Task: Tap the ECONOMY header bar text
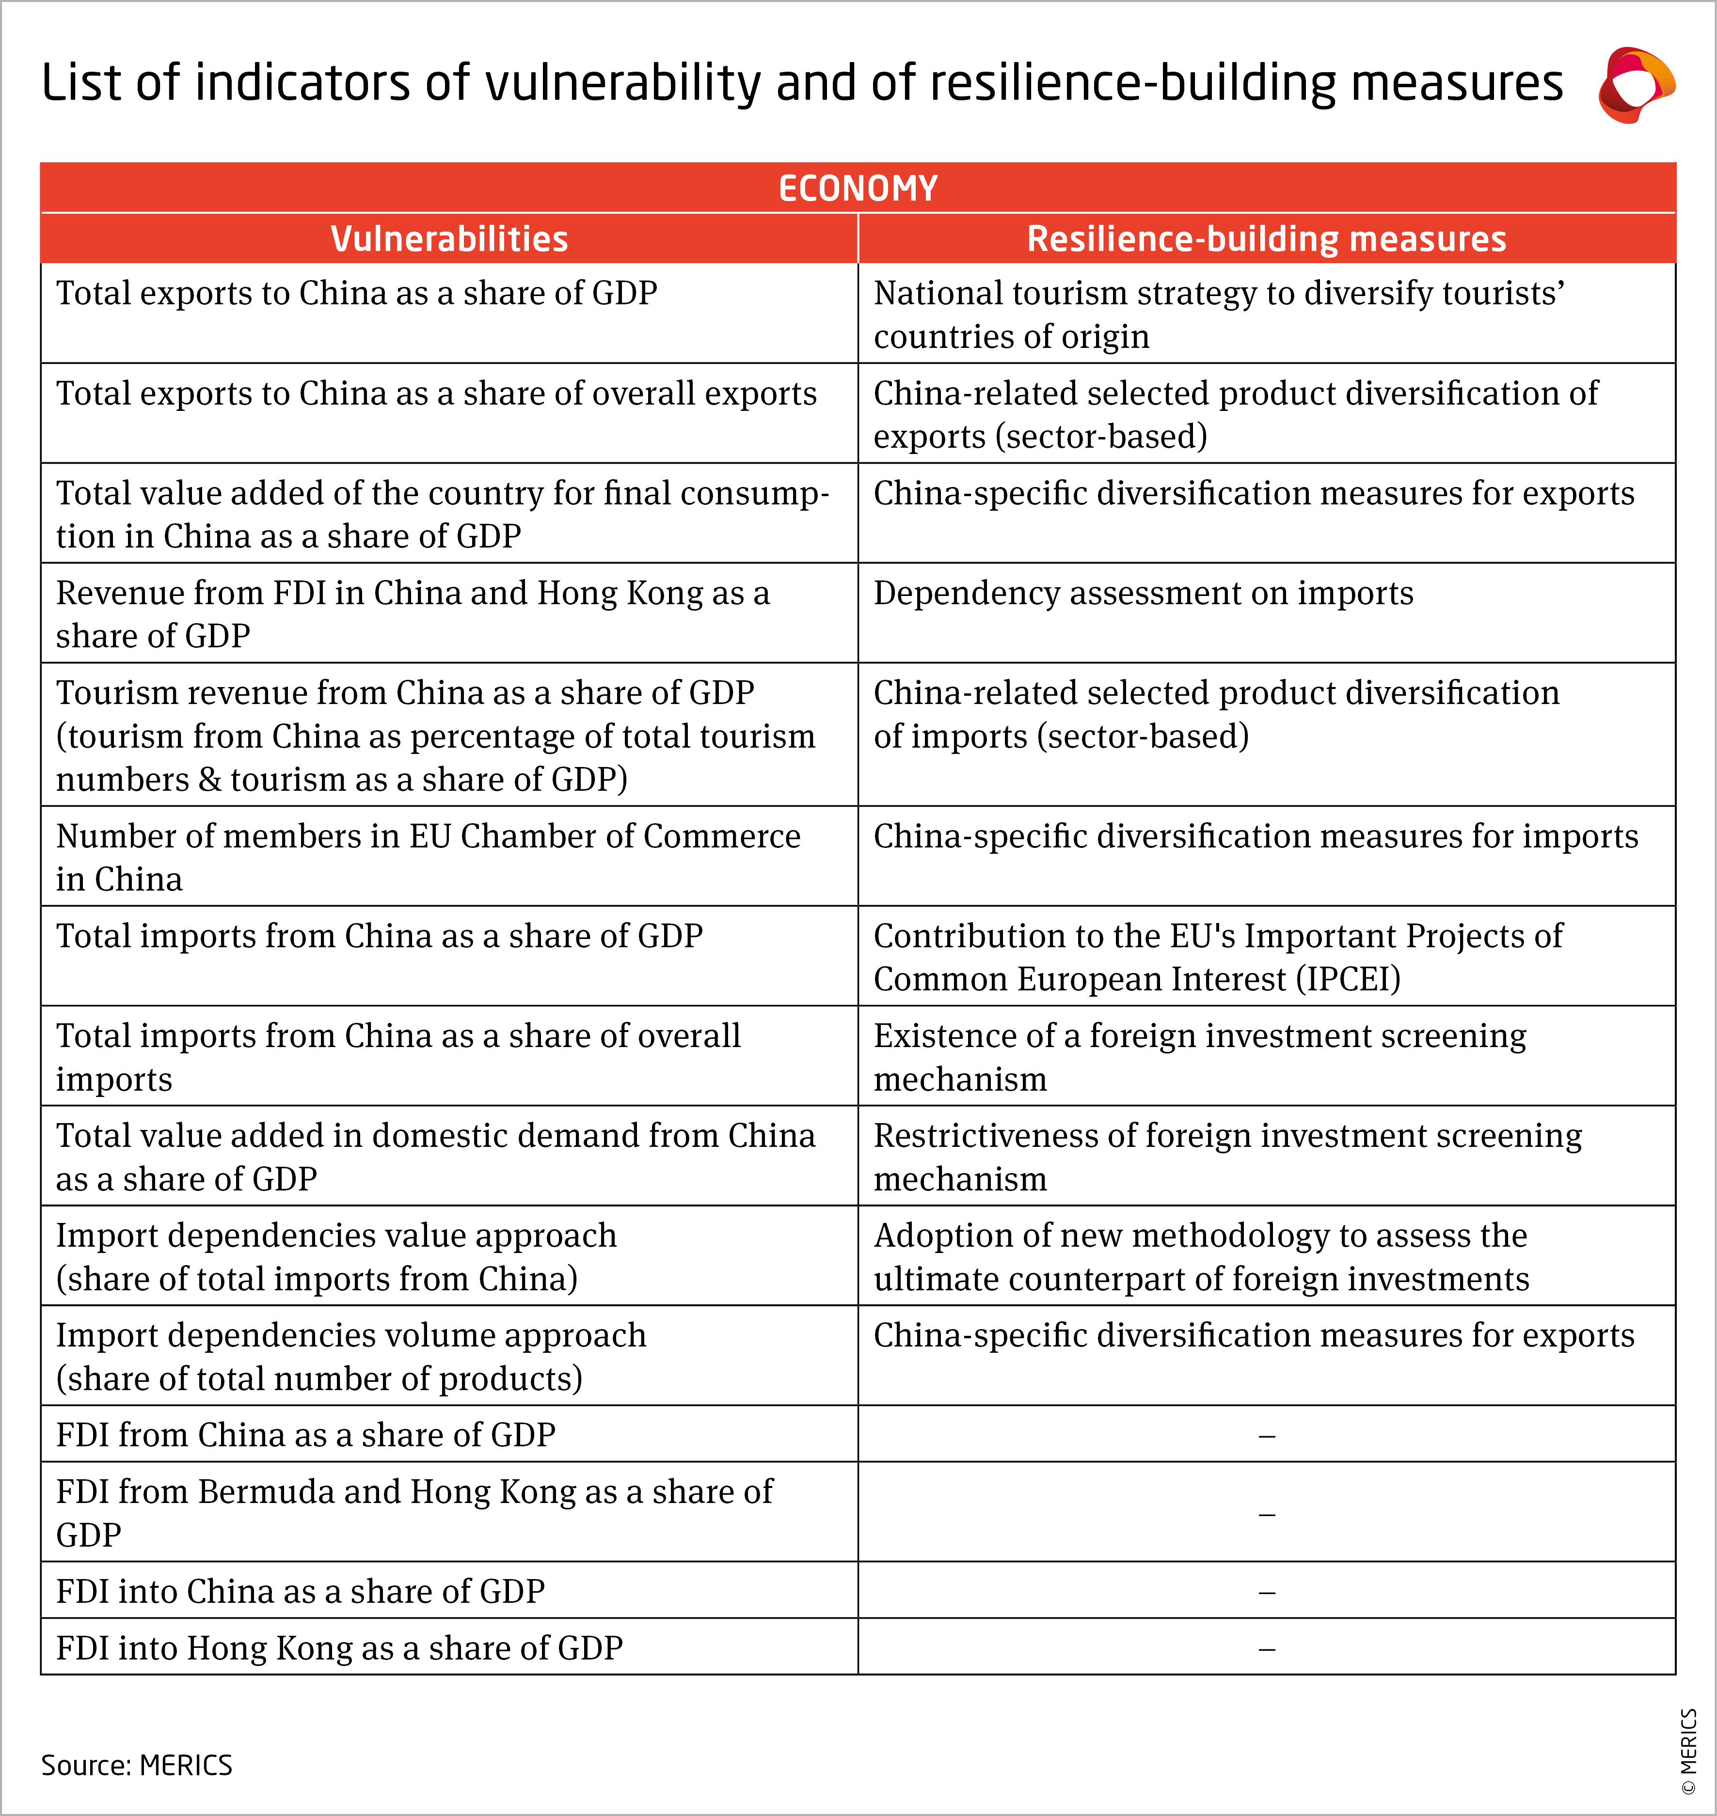pyautogui.click(x=858, y=188)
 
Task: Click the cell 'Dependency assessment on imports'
pyautogui.click(x=1143, y=594)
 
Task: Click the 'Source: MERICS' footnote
pyautogui.click(x=137, y=1765)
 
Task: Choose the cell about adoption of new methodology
pyautogui.click(x=1201, y=1257)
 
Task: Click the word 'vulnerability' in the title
pyautogui.click(x=622, y=83)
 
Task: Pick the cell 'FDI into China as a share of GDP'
pyautogui.click(x=300, y=1592)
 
